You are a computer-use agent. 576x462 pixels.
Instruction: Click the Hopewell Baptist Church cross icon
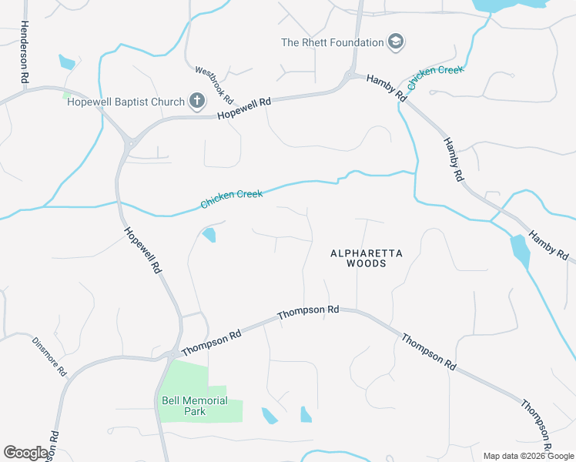(x=196, y=101)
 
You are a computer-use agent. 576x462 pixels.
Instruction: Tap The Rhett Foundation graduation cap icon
(x=396, y=42)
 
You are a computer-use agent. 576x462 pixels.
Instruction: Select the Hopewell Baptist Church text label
(x=126, y=102)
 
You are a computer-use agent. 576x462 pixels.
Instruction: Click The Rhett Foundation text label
(x=333, y=42)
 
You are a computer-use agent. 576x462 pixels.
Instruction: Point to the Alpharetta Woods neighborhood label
(x=357, y=258)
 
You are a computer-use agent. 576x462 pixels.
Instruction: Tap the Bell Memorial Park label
(x=195, y=406)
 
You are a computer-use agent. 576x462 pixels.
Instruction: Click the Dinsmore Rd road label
(x=49, y=357)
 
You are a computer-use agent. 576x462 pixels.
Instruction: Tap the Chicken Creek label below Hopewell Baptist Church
(x=232, y=199)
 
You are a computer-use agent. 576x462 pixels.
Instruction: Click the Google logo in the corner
(x=25, y=453)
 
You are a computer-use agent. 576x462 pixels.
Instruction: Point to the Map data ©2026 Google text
(x=527, y=456)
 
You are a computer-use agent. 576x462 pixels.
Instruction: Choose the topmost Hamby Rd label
(x=386, y=88)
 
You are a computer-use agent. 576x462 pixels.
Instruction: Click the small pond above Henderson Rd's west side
(x=67, y=62)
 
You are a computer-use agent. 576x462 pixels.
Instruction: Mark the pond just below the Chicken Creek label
(x=209, y=234)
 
